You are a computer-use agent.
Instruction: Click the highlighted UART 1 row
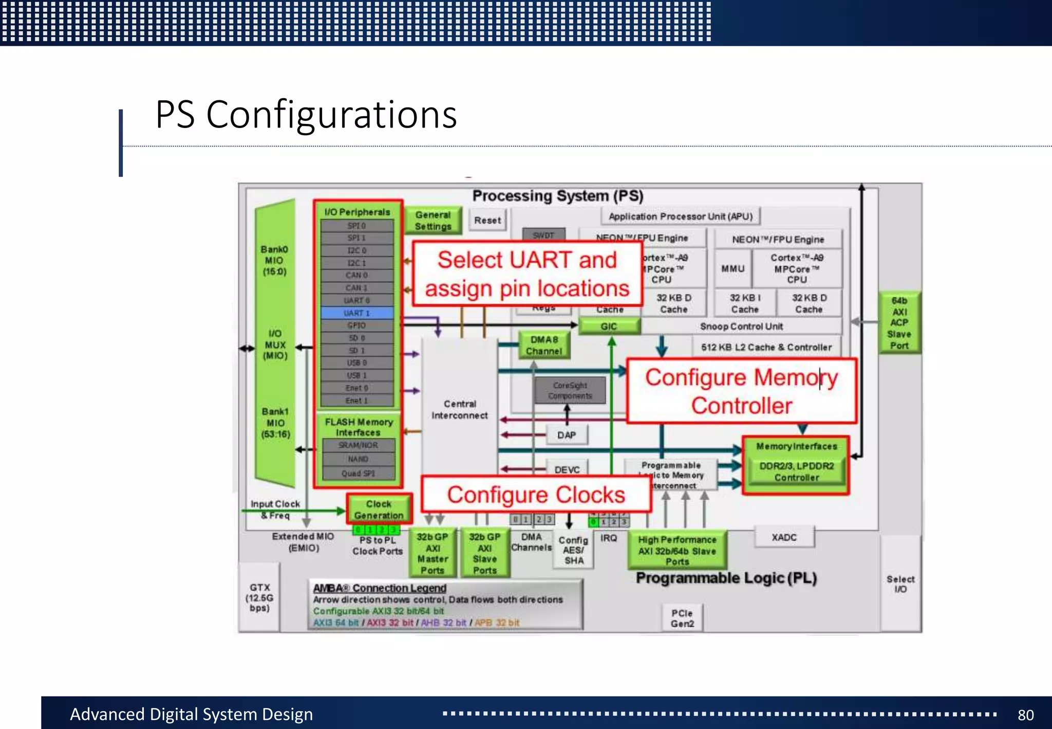[357, 313]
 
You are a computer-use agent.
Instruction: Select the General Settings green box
[433, 221]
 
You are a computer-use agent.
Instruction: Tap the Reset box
[487, 220]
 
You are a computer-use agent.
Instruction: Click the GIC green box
[609, 326]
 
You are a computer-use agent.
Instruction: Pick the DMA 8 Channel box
[544, 345]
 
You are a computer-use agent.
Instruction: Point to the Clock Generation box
[379, 509]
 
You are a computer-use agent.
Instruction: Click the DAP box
[567, 435]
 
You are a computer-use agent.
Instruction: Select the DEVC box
[567, 469]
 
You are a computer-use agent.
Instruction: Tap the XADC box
[784, 537]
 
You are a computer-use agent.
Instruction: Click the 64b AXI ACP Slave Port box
[899, 323]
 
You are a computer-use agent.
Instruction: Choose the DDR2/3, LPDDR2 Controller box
[796, 471]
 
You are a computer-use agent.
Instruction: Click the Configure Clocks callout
[536, 495]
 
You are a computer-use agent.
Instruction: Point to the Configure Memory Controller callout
[741, 391]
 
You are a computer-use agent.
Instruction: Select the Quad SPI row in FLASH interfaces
[358, 473]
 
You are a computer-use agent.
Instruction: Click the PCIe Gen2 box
[682, 618]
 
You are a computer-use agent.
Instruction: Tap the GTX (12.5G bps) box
[259, 597]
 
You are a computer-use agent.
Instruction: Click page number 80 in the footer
[1025, 715]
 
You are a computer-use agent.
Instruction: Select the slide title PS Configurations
[306, 114]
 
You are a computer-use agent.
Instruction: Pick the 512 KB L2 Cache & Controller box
[766, 347]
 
